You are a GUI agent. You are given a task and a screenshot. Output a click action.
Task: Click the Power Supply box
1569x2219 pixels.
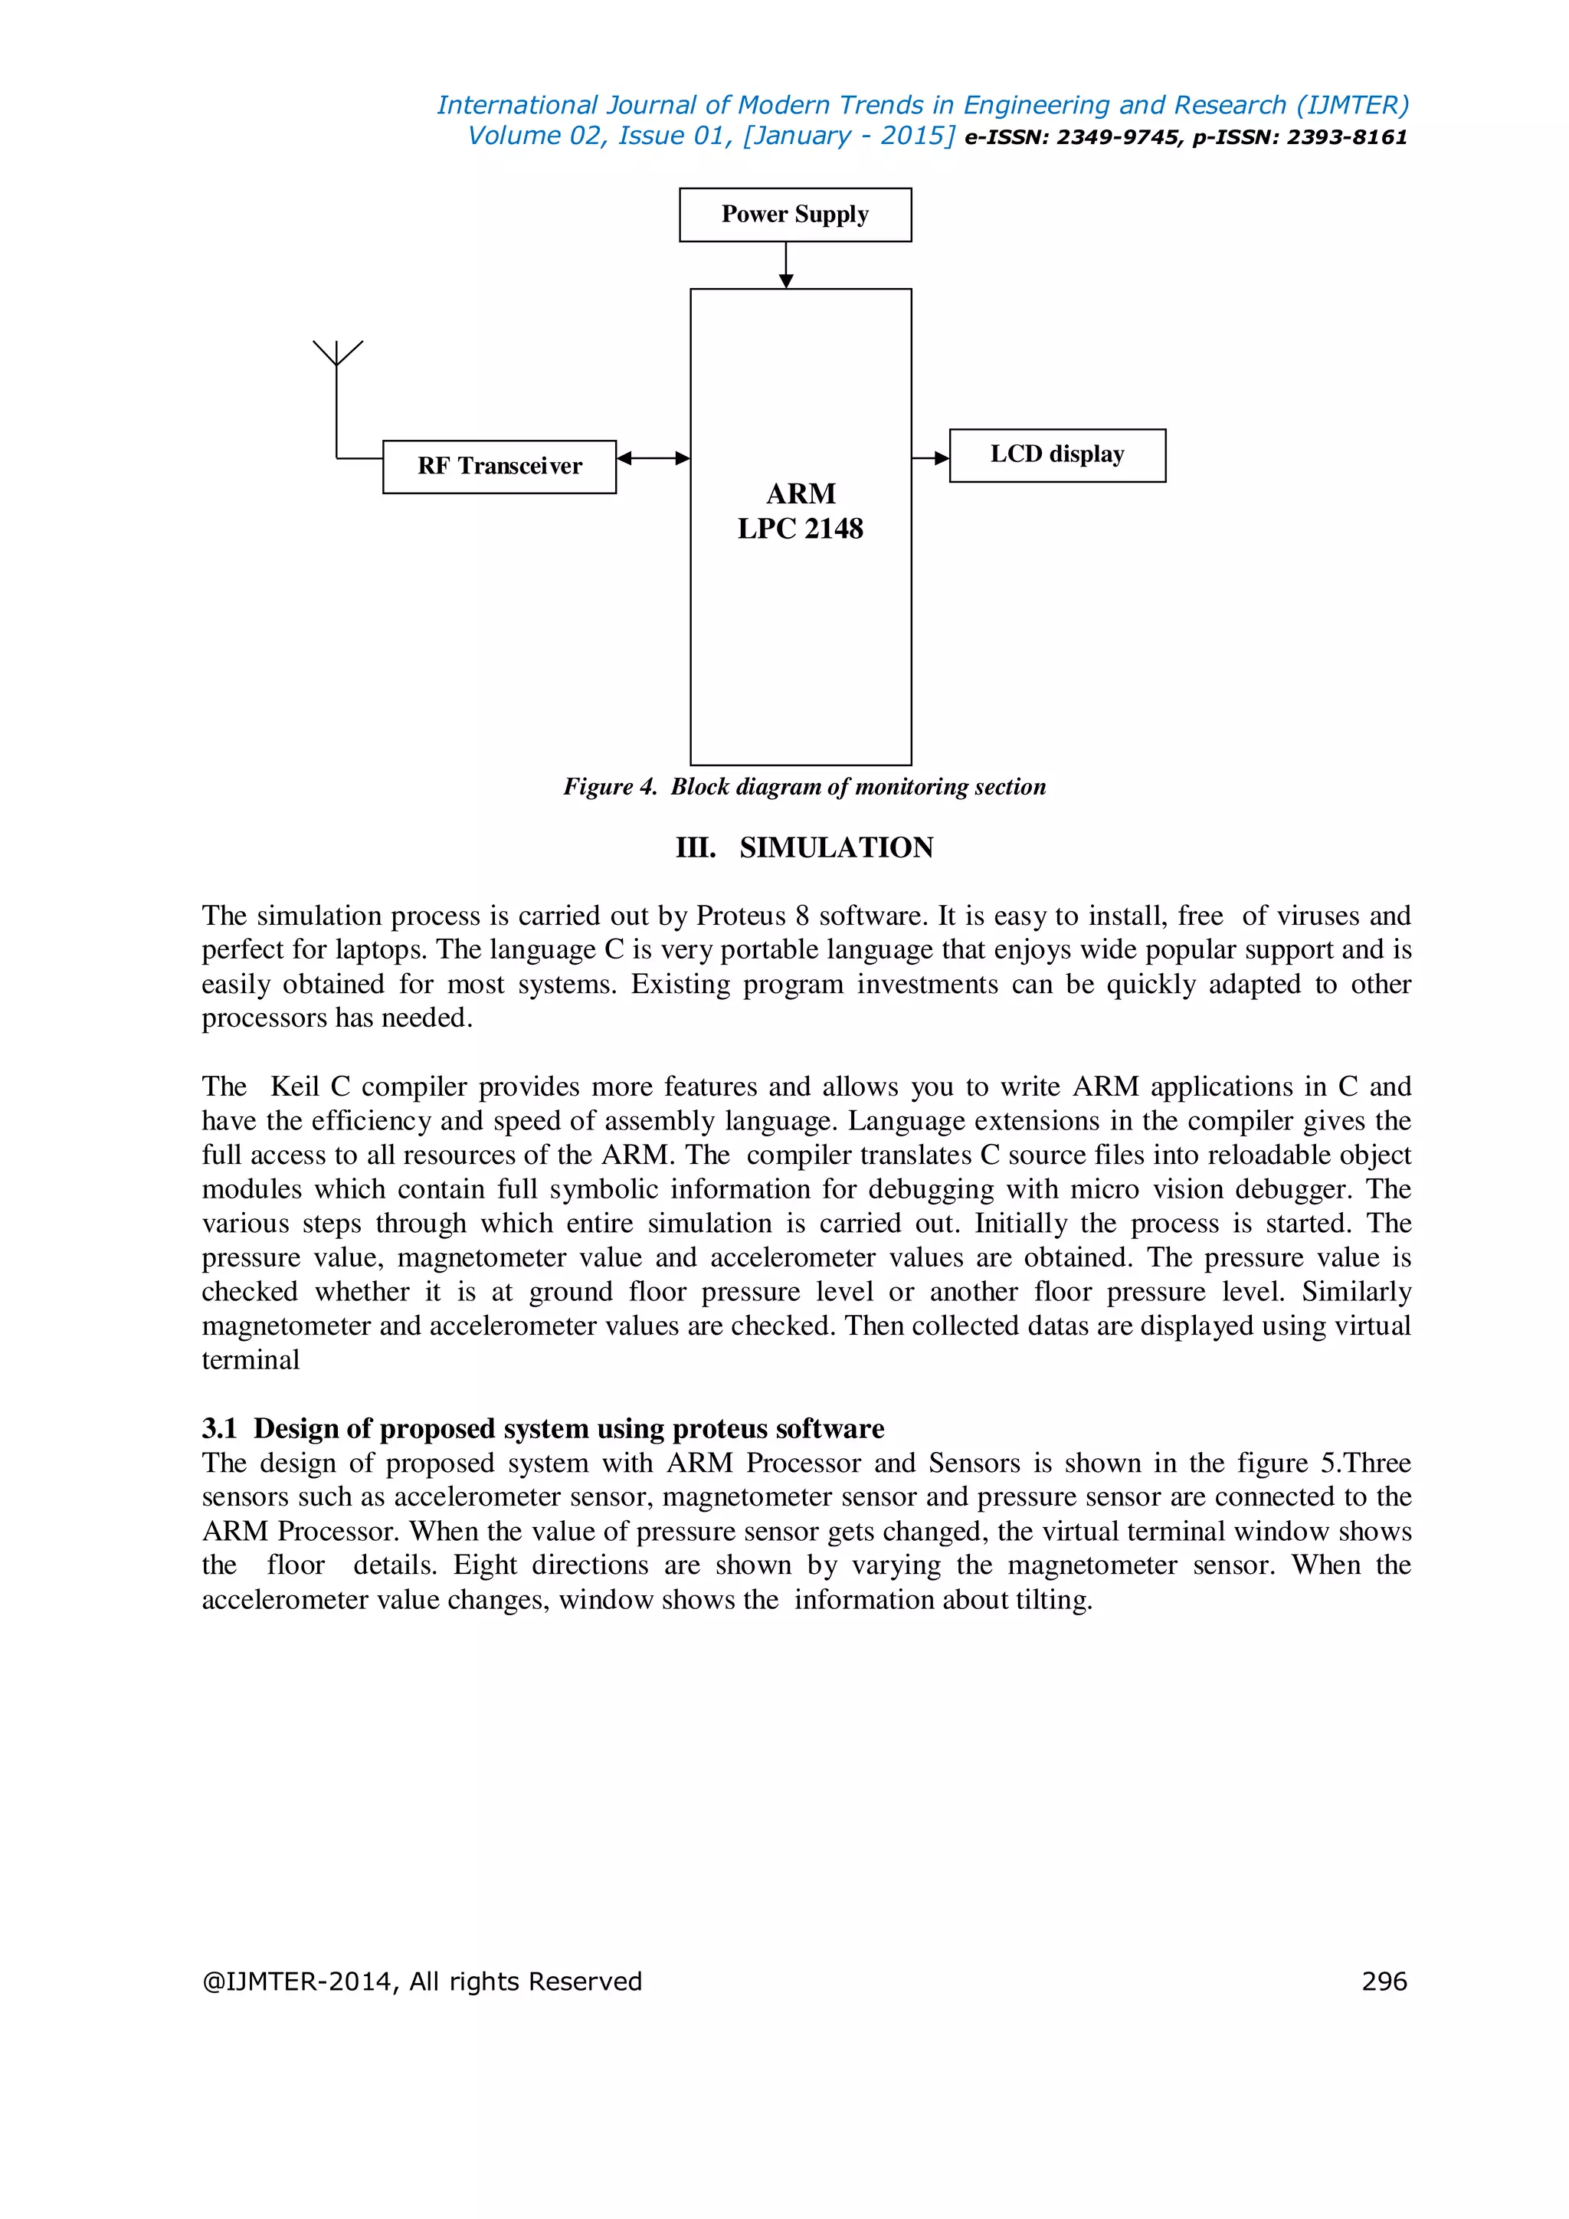click(x=794, y=215)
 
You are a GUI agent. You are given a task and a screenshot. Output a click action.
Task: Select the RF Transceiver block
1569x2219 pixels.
click(x=499, y=467)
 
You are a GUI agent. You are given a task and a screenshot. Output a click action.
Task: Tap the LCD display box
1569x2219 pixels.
click(x=1057, y=455)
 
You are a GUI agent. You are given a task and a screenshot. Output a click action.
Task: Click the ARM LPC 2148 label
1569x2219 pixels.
click(x=800, y=511)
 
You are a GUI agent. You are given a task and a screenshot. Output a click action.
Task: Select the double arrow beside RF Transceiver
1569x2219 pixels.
click(x=653, y=458)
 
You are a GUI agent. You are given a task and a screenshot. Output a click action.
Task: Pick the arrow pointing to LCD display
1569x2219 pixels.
click(x=930, y=458)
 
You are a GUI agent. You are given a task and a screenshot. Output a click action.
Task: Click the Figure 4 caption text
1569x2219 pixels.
click(x=804, y=787)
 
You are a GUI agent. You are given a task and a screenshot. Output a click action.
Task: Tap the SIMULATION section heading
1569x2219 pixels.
click(x=836, y=847)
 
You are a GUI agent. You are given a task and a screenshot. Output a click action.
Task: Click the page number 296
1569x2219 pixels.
click(x=1384, y=1981)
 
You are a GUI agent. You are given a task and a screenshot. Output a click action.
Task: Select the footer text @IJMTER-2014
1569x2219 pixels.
click(x=296, y=1981)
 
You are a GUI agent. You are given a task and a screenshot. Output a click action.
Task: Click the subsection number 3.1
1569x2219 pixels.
click(x=219, y=1428)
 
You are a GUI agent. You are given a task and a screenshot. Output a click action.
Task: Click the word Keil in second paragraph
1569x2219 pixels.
click(x=295, y=1087)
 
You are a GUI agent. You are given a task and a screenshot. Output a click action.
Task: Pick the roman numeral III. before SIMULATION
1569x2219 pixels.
click(x=695, y=847)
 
